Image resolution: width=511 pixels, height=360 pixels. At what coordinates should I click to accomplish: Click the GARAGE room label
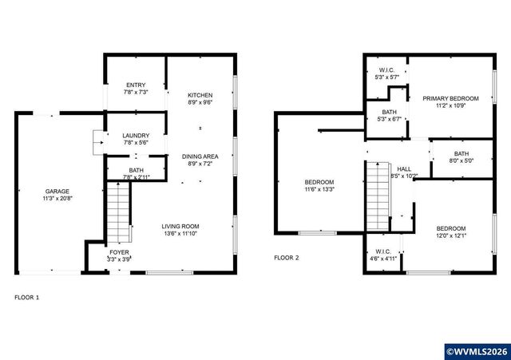(x=57, y=192)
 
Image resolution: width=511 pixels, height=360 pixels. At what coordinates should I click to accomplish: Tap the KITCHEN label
(x=200, y=95)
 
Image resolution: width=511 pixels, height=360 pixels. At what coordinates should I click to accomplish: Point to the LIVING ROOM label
(x=180, y=226)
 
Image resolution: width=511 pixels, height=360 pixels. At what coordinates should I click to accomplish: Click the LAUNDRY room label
(x=136, y=136)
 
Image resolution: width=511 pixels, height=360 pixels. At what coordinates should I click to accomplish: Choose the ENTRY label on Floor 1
(x=136, y=85)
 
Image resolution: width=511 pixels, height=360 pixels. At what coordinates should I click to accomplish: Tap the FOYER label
(x=120, y=252)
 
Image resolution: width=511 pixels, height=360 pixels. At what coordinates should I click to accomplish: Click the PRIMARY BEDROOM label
(x=451, y=98)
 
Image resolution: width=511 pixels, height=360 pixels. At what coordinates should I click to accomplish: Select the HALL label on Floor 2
(x=405, y=169)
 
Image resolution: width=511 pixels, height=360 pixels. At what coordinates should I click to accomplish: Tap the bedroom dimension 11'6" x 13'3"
(x=319, y=190)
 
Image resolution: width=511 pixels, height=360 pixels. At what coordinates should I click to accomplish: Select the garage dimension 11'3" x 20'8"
(x=57, y=199)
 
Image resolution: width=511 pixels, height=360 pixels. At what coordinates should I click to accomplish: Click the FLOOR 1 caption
(x=26, y=297)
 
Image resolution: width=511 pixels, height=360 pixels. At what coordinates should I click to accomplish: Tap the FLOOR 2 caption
(x=286, y=258)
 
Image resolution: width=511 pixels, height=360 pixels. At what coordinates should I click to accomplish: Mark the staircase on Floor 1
(x=118, y=211)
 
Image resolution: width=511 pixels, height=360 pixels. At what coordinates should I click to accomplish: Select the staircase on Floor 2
(x=376, y=193)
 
